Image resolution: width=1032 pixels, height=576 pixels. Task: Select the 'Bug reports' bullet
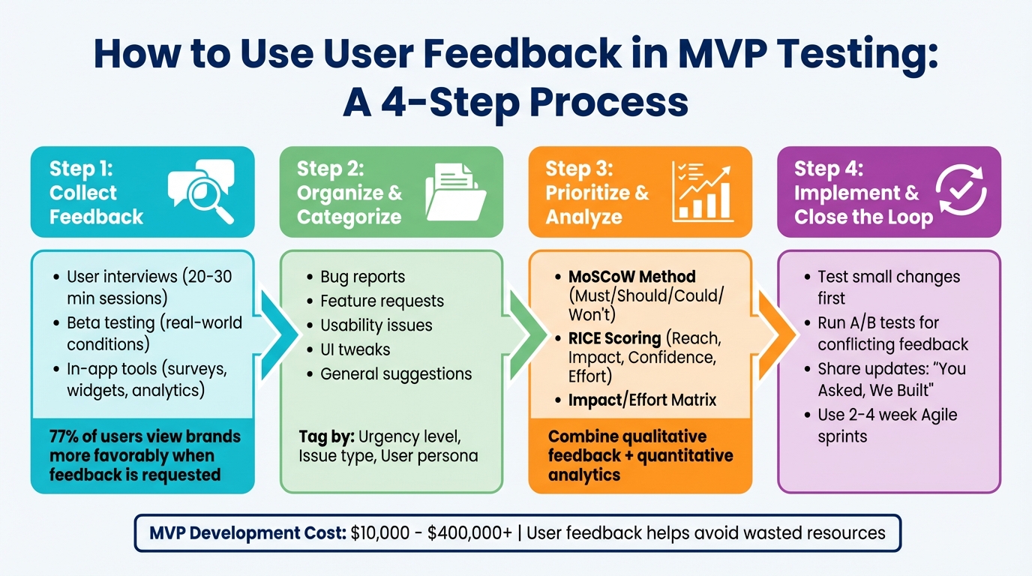click(362, 277)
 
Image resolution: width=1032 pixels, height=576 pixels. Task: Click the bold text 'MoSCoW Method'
click(631, 277)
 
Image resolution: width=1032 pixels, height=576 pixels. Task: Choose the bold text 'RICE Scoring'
click(614, 337)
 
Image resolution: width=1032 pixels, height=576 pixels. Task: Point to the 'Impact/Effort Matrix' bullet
click(642, 400)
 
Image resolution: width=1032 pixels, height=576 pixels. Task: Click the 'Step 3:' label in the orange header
click(579, 168)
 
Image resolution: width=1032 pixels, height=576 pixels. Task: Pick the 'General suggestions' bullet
click(396, 373)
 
